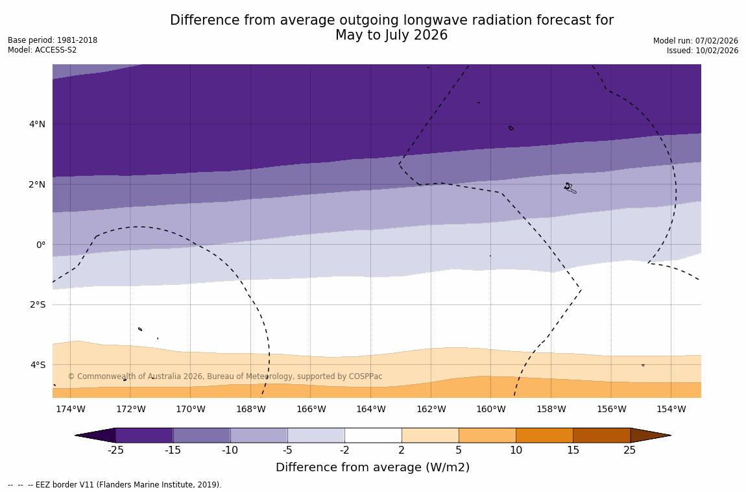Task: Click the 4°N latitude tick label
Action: tap(37, 124)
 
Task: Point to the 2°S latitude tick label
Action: tap(37, 304)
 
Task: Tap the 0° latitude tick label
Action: tap(40, 245)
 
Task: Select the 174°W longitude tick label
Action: tap(70, 409)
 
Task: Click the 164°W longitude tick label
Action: tap(370, 409)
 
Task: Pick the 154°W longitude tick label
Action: tap(671, 409)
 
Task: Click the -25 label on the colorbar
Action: tap(115, 450)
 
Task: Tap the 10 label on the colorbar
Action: tap(516, 450)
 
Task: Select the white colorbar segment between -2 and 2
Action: tap(373, 435)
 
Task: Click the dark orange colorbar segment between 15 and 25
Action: tap(601, 435)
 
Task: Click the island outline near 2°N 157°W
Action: tap(570, 188)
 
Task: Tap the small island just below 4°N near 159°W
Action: tap(511, 128)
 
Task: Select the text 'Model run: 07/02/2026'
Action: tap(695, 41)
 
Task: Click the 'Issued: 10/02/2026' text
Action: tap(702, 51)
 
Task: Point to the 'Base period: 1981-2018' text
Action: tap(53, 40)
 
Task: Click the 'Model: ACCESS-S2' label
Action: tap(42, 50)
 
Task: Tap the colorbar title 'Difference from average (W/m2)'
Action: tap(372, 467)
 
